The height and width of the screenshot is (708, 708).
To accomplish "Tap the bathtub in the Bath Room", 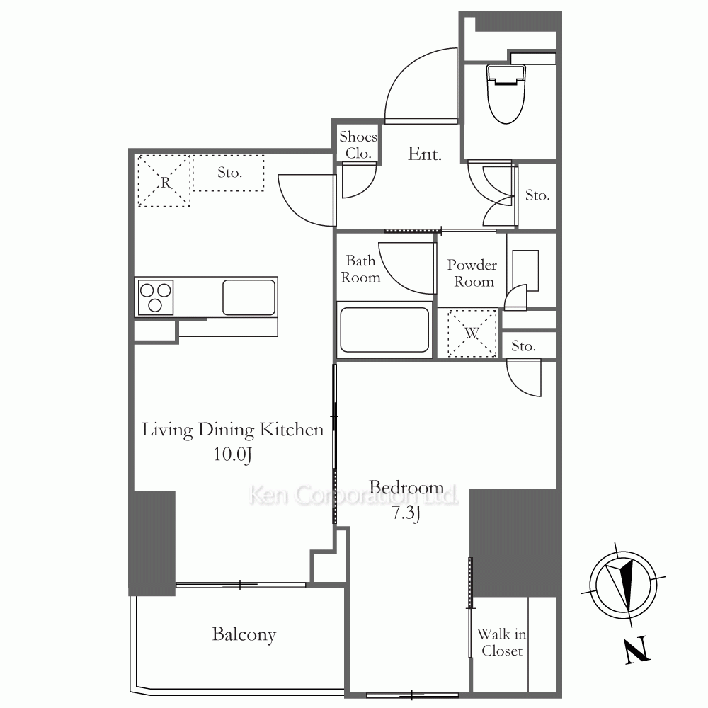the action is [x=384, y=330].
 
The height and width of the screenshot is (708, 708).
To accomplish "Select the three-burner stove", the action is [x=155, y=297].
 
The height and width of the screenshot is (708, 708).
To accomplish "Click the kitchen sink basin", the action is [x=249, y=297].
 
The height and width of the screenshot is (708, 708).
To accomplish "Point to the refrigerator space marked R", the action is [x=164, y=181].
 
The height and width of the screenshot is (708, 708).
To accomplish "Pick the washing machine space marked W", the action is [x=472, y=333].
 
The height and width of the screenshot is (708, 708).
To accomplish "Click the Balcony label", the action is [x=244, y=634].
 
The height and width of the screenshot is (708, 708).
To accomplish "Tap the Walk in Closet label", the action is [x=502, y=642].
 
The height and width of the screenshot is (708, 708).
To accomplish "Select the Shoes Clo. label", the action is [x=358, y=145].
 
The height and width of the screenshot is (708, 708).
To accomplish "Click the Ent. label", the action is [x=424, y=154].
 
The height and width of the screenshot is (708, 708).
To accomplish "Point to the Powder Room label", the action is [x=472, y=273].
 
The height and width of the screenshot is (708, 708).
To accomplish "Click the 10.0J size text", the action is [x=232, y=455].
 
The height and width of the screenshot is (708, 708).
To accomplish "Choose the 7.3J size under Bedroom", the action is [x=406, y=513].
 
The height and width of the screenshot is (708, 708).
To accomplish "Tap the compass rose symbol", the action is [x=623, y=586].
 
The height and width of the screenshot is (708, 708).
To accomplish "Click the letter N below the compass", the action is [x=637, y=650].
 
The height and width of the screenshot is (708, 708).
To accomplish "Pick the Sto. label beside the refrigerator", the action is [x=230, y=173].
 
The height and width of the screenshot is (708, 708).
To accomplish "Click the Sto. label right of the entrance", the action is [x=537, y=195].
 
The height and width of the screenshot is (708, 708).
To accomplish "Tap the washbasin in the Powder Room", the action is [x=525, y=270].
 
